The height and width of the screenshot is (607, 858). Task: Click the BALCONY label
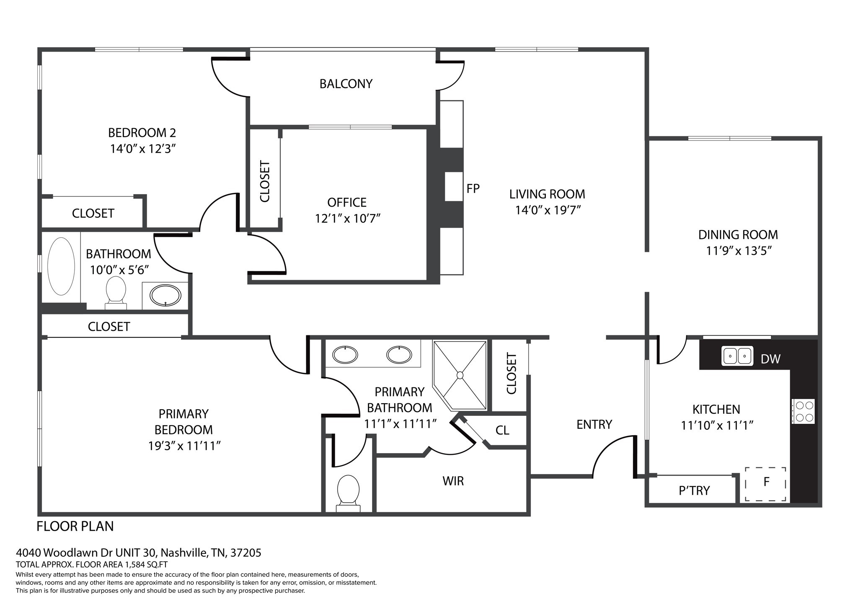[x=346, y=84]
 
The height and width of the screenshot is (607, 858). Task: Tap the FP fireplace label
[x=473, y=189]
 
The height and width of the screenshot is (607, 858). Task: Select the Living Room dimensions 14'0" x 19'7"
[x=548, y=210]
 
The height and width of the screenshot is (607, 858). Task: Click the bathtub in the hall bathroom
[x=61, y=266]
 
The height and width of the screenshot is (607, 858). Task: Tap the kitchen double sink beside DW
[x=737, y=356]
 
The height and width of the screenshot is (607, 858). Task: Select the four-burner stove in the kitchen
[x=804, y=411]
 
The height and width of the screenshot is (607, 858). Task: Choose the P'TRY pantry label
[x=694, y=490]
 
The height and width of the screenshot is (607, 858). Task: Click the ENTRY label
[x=594, y=425]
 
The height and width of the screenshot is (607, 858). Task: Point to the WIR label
[x=453, y=481]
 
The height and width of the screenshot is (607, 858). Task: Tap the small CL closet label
[x=502, y=430]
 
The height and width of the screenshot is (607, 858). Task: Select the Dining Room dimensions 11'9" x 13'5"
[x=739, y=251]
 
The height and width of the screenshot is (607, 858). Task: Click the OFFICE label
[x=347, y=202]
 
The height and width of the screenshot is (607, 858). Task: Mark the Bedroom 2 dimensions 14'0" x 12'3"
[x=142, y=149]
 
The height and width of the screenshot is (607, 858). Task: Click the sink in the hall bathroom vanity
[x=165, y=296]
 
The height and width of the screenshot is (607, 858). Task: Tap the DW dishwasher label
[x=770, y=359]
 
